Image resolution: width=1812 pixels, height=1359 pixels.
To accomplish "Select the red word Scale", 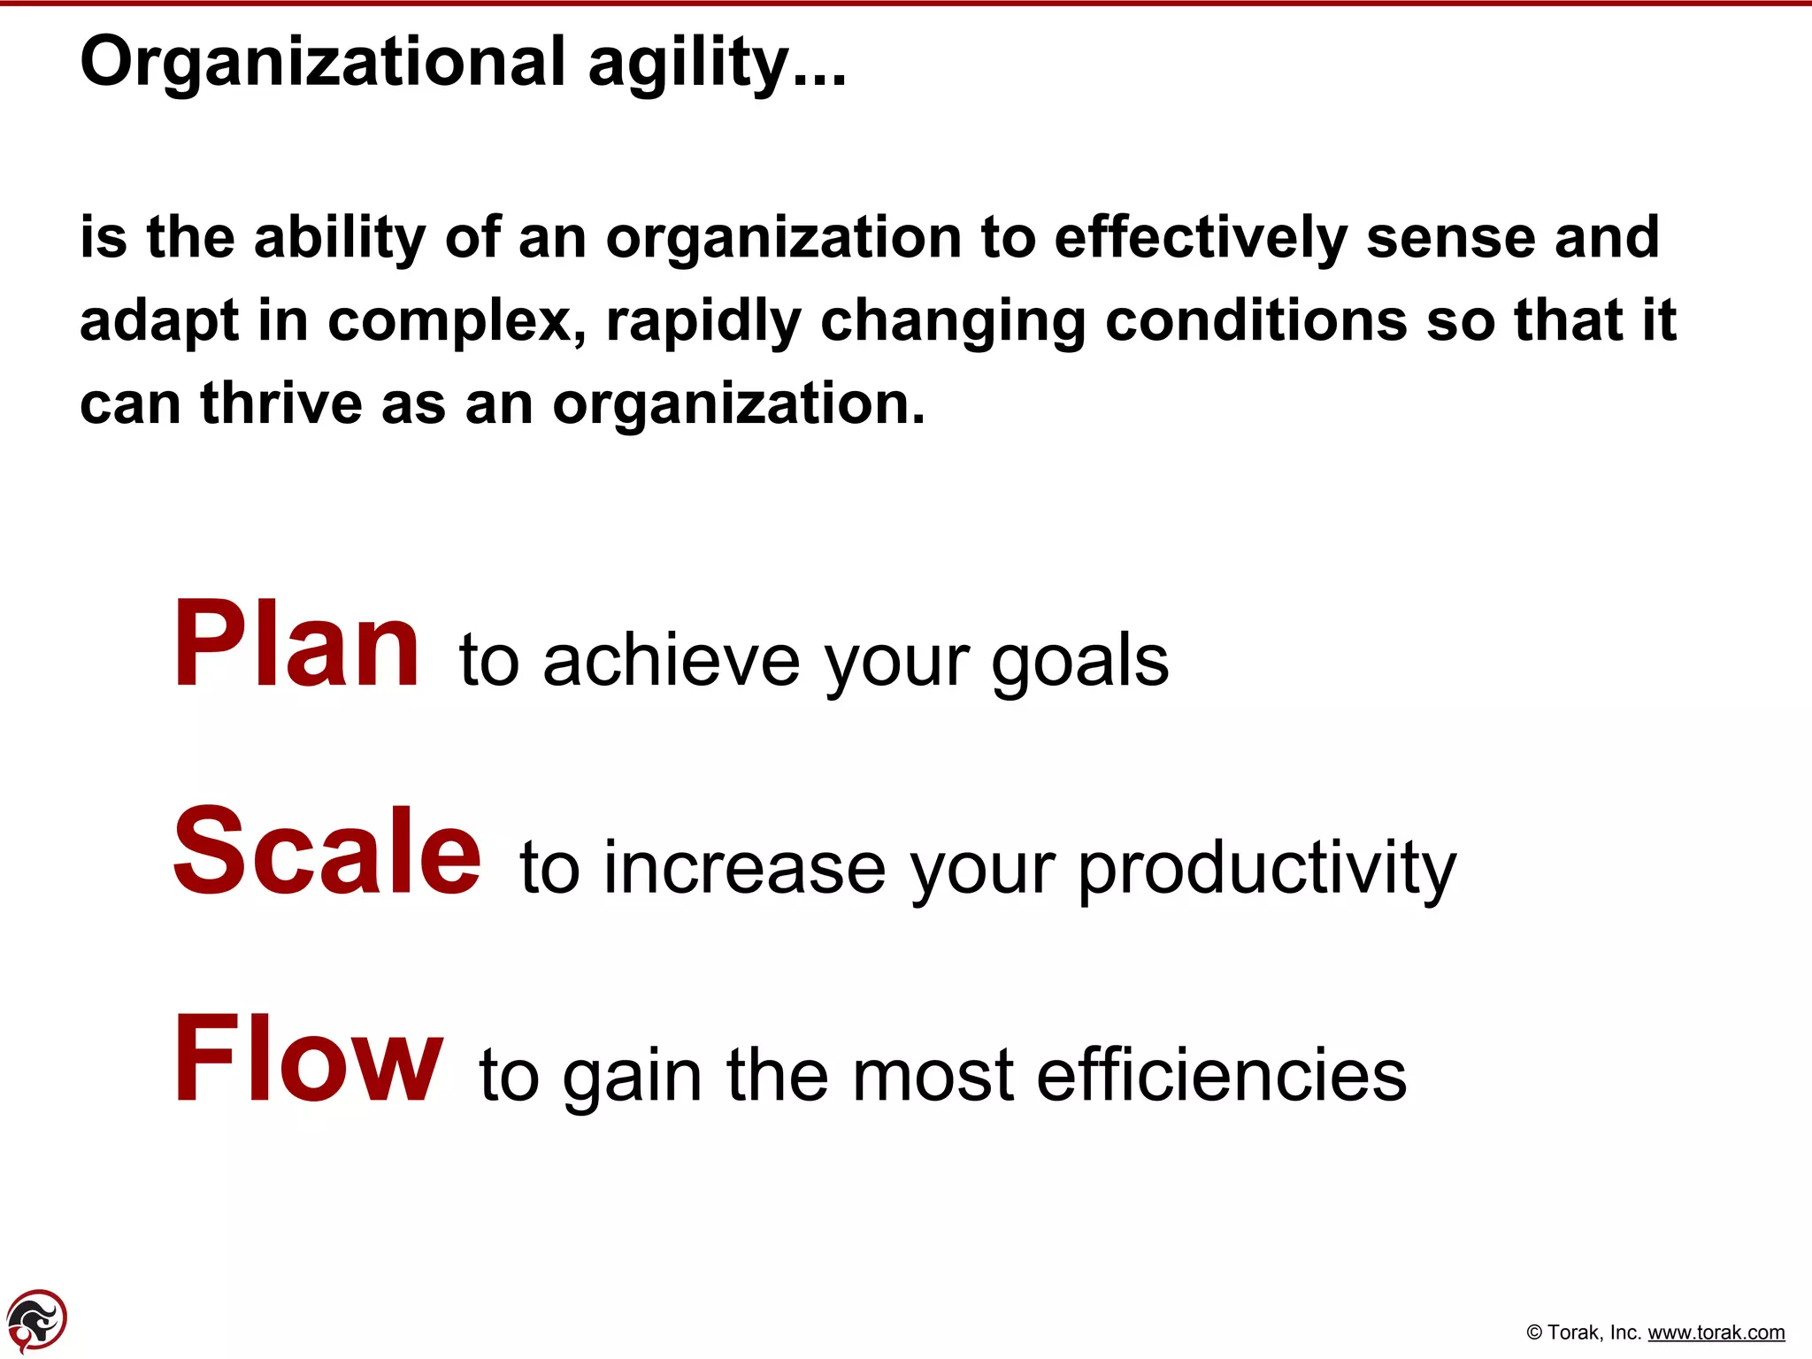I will click(x=326, y=851).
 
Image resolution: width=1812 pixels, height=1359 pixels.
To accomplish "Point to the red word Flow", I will click(x=308, y=1059).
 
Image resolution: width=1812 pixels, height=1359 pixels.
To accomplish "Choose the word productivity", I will click(x=1266, y=869).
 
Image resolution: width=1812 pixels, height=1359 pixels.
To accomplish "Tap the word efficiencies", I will click(x=1221, y=1076).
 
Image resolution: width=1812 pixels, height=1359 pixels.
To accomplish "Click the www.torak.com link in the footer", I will click(x=1716, y=1332).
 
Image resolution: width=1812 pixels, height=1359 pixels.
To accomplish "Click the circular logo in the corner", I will click(x=36, y=1321).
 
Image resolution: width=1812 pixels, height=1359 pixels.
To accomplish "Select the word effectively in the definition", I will click(x=1201, y=239).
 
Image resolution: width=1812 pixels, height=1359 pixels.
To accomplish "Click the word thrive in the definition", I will click(x=281, y=404).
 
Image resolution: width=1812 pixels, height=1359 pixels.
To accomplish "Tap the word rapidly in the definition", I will click(x=703, y=322).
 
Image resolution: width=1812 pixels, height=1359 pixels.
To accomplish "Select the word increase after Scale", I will click(x=744, y=869).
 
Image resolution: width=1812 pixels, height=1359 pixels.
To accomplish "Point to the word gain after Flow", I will click(x=633, y=1078).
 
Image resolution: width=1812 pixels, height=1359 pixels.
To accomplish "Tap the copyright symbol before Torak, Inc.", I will click(x=1534, y=1333).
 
